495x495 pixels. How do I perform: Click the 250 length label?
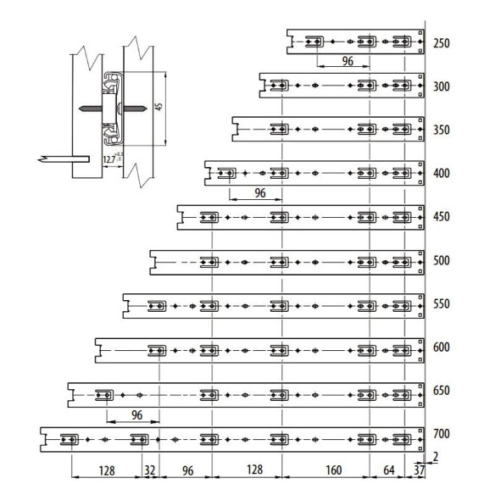[x=442, y=43]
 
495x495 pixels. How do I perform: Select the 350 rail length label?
[x=442, y=131]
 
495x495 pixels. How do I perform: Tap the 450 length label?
[x=442, y=217]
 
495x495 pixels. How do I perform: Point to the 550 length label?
[x=442, y=304]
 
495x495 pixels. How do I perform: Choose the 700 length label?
[x=442, y=435]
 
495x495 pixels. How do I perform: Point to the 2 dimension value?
[x=436, y=459]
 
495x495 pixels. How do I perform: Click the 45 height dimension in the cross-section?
[x=158, y=108]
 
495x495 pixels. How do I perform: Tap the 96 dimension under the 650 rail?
[x=132, y=414]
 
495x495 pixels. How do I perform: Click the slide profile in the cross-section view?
[x=113, y=108]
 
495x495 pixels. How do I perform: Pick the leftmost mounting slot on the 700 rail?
[x=70, y=439]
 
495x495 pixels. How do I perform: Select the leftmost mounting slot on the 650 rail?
[x=105, y=395]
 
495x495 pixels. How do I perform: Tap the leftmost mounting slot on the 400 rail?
[x=226, y=174]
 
